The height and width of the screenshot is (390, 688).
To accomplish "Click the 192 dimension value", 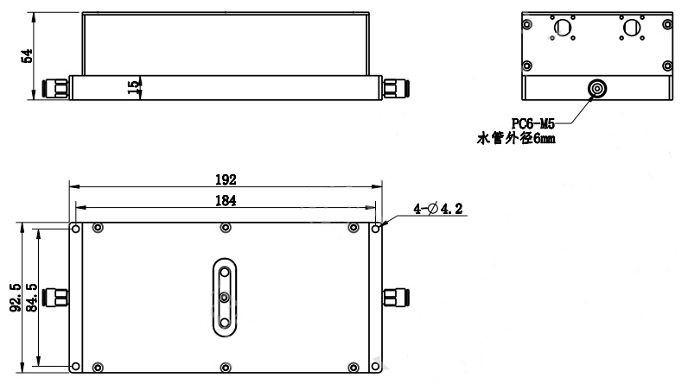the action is point(226,179).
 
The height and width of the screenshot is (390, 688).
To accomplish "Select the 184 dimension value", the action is point(226,201).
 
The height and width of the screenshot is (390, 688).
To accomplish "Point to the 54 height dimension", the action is point(27,56).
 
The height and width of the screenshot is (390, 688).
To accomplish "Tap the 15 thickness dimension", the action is point(133,87).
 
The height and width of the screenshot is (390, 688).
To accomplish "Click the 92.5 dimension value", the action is point(16,298).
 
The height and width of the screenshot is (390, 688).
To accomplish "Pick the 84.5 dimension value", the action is point(32,298).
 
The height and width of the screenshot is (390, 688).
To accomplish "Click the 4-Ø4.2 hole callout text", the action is point(438,209).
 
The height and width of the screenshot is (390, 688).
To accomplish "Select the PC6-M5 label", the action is point(533,124).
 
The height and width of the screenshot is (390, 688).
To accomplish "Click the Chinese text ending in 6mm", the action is point(516,138).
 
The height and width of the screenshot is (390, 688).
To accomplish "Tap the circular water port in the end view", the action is point(597,89).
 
